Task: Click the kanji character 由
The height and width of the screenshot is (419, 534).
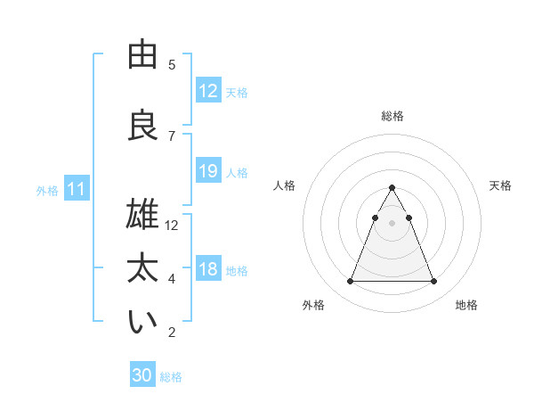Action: (x=143, y=55)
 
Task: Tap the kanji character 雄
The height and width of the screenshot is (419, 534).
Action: (x=143, y=216)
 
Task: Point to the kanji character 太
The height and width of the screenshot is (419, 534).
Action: (x=143, y=270)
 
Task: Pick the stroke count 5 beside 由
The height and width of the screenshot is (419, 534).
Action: (x=172, y=64)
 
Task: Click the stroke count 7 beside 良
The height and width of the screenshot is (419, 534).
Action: (x=172, y=136)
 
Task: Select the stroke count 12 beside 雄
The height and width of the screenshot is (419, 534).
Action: (x=172, y=225)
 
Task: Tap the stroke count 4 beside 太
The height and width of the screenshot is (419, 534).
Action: (x=172, y=279)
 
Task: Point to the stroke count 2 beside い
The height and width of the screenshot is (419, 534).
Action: (x=172, y=333)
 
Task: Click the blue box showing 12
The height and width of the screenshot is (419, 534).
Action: (x=208, y=91)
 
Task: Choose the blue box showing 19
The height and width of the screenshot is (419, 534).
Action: (x=208, y=171)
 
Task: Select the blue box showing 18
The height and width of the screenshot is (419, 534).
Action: (x=208, y=269)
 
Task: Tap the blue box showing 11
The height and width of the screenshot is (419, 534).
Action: (x=77, y=189)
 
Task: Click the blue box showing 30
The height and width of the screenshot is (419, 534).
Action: (x=142, y=375)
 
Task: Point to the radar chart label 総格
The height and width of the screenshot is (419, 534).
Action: (x=392, y=116)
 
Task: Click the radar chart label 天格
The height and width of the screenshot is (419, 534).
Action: (x=501, y=185)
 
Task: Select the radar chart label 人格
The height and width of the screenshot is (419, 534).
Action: (x=285, y=185)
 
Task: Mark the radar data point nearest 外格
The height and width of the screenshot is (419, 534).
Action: (x=350, y=282)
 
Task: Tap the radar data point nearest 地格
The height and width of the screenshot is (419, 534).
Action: (x=434, y=282)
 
